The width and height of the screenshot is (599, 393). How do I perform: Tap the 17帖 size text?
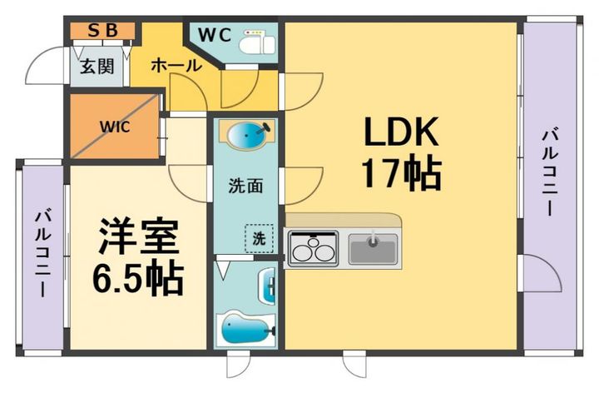pos(399,174)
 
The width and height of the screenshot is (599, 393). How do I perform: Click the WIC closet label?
pos(114,127)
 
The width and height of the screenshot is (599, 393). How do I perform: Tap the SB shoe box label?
pos(102,31)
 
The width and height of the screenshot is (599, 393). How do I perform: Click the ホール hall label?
pos(176,65)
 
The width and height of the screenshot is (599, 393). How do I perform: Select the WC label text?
pos(215,37)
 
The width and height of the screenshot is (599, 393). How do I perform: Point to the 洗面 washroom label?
pos(245,186)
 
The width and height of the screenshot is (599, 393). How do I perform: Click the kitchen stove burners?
pos(313,247)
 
